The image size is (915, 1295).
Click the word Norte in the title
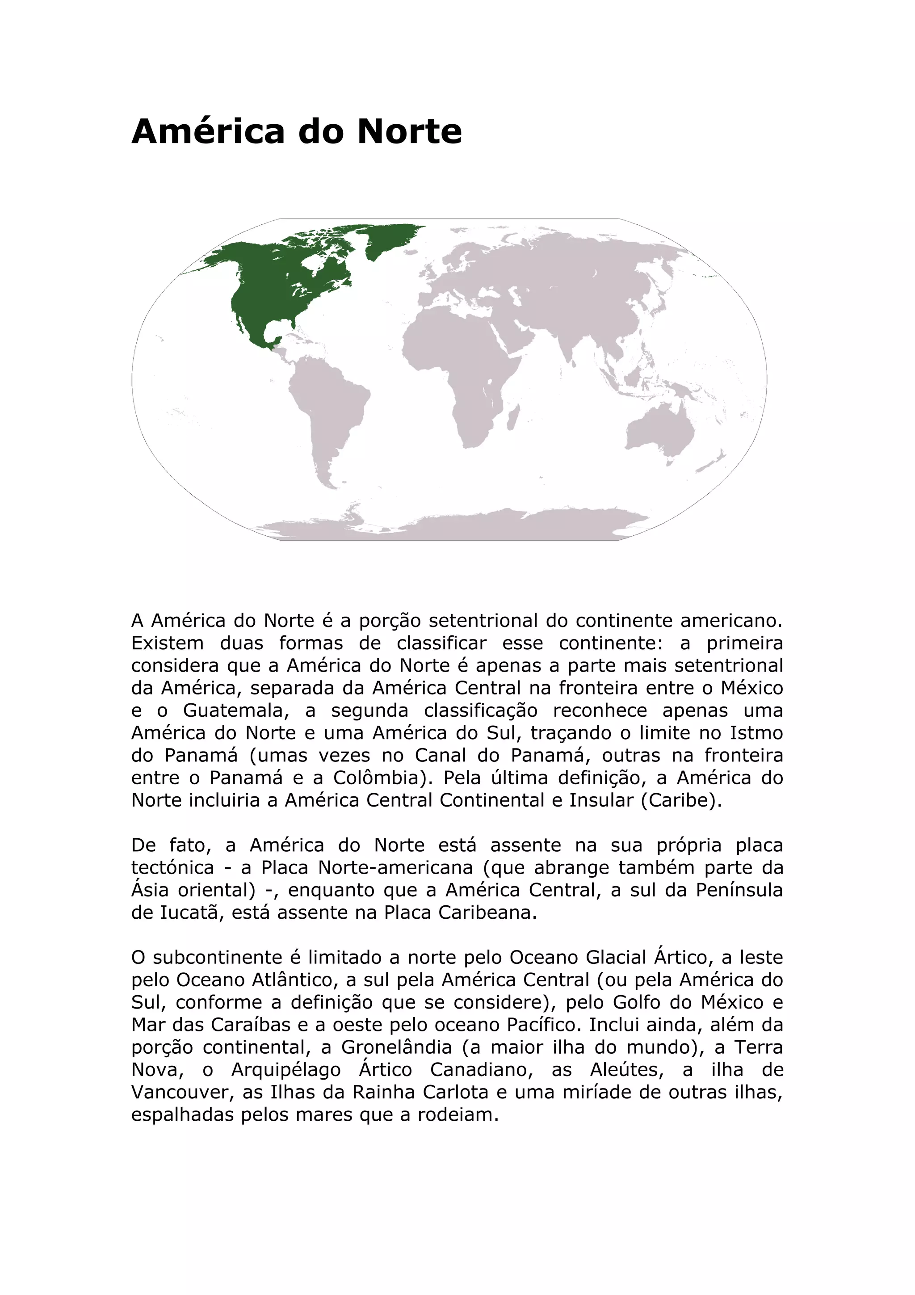coord(409,131)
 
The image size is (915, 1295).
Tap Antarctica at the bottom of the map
coord(451,525)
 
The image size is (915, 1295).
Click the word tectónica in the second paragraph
coord(172,867)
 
